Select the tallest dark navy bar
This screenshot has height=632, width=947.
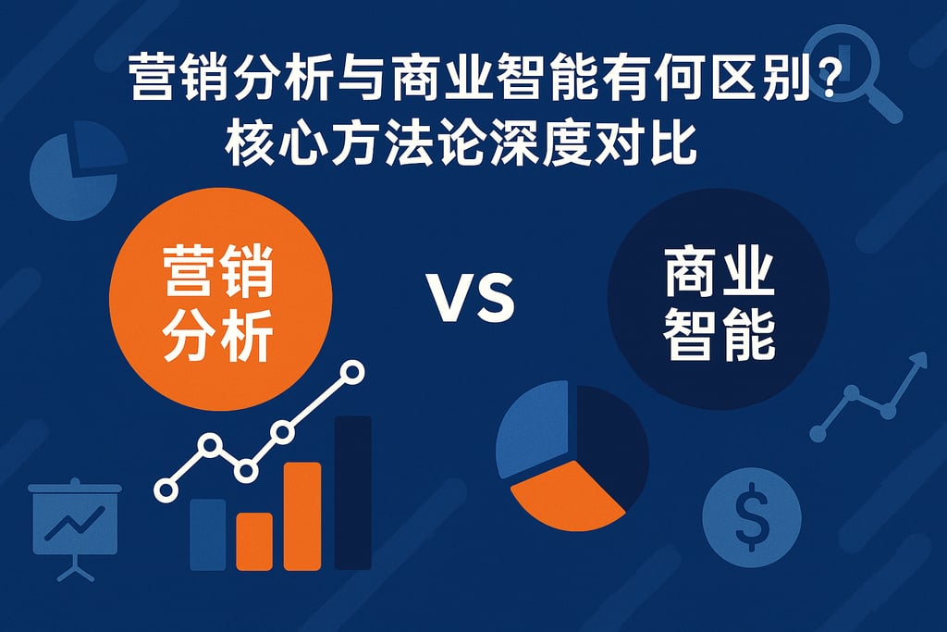point(352,492)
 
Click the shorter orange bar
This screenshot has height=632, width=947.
point(254,541)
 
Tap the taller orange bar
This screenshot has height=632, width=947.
point(302,515)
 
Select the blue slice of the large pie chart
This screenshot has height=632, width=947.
point(535,431)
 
